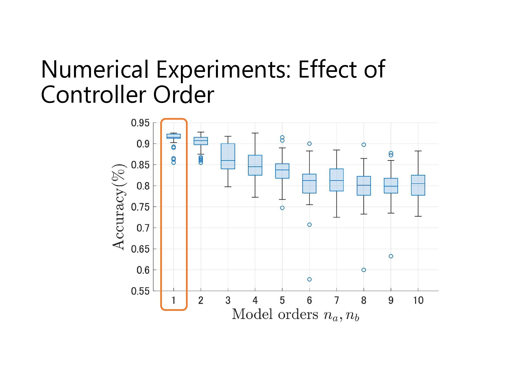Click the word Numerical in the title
(95, 69)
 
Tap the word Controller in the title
(93, 95)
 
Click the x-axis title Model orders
(275, 314)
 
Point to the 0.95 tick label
(140, 123)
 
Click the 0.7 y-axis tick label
(143, 228)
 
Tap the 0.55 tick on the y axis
(140, 291)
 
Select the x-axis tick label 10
(418, 300)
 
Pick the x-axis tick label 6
(309, 300)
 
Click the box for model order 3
(228, 156)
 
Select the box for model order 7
(336, 180)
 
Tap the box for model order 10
(418, 185)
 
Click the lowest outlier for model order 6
(309, 279)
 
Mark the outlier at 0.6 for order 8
(364, 270)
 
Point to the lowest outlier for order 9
(391, 256)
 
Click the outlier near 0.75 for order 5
(282, 208)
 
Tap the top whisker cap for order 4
(255, 133)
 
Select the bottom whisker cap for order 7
(336, 217)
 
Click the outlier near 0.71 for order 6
(309, 225)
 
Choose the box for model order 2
(201, 141)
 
